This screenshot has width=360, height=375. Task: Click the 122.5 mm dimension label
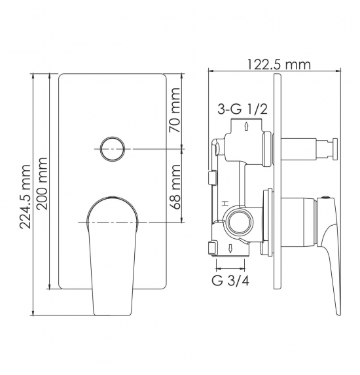pos(279,65)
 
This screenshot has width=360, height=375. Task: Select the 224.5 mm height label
pos(26,196)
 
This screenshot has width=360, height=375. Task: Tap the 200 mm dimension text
pos(43,183)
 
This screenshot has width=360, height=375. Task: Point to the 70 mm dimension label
pos(174,110)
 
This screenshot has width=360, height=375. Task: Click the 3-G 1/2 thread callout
pos(242,110)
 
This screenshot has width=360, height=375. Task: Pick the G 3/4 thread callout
pos(230,281)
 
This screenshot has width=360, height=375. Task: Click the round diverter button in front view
pos(113,149)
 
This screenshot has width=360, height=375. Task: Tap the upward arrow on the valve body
pos(246,126)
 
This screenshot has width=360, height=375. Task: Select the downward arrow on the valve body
pos(230,249)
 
